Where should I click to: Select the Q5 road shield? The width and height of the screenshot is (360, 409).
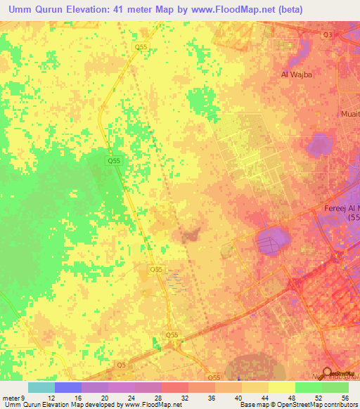[122, 365]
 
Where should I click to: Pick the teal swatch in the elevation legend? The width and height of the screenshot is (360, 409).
[41, 387]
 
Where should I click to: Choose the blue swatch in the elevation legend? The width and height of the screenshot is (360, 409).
[67, 387]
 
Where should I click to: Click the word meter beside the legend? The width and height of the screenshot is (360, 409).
[11, 397]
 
